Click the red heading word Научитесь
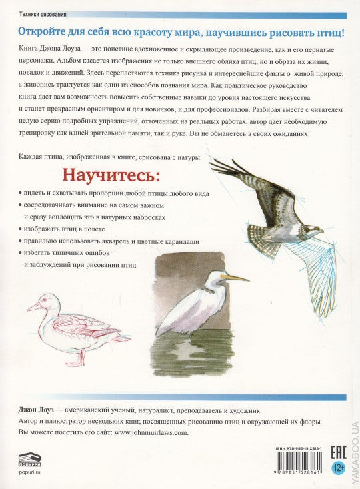click(x=111, y=176)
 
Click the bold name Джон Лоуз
click(x=31, y=410)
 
